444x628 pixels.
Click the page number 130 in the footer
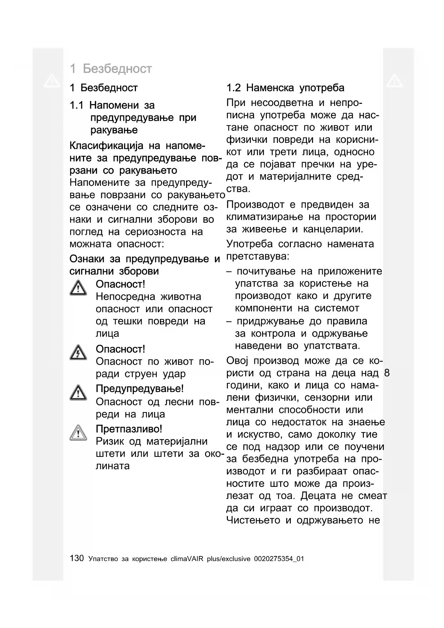click(x=77, y=558)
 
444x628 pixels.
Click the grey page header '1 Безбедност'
click(x=111, y=68)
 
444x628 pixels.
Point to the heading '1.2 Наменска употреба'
click(x=285, y=88)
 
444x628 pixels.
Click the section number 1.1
click(x=77, y=105)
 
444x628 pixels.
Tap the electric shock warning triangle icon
click(x=78, y=353)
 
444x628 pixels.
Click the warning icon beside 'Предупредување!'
click(x=78, y=392)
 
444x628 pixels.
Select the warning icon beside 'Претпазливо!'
click(x=78, y=433)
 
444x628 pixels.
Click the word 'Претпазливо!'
click(x=129, y=429)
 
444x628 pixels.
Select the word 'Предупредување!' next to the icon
click(x=140, y=389)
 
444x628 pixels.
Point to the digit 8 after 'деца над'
click(x=386, y=373)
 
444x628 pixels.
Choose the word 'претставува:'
click(x=258, y=256)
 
